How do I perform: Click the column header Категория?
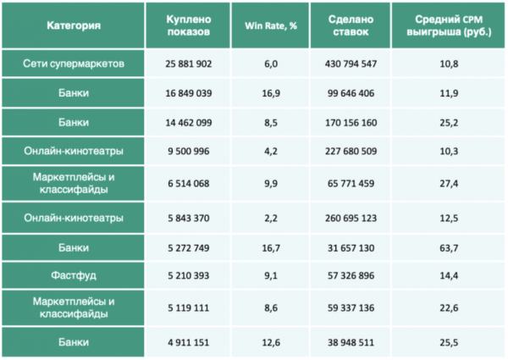[74, 25]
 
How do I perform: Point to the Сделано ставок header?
[350, 25]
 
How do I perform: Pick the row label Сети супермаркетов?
[74, 64]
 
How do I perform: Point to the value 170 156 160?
[350, 124]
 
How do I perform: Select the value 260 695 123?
[350, 219]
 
